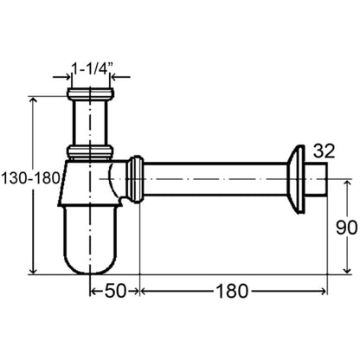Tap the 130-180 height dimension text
click(x=31, y=178)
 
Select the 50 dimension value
click(x=115, y=291)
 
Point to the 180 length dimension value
click(x=232, y=291)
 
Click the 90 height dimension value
click(x=346, y=228)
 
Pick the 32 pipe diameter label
click(x=325, y=151)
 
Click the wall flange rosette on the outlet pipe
click(x=296, y=179)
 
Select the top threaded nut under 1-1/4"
click(x=90, y=93)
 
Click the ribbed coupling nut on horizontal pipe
click(x=135, y=179)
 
